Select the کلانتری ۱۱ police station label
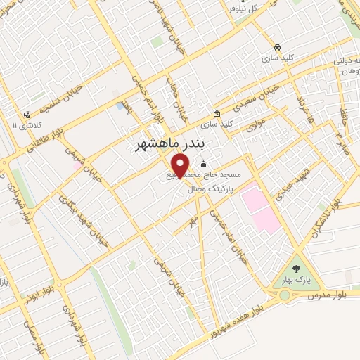pos(23,124)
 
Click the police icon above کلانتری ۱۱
pos(27,114)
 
